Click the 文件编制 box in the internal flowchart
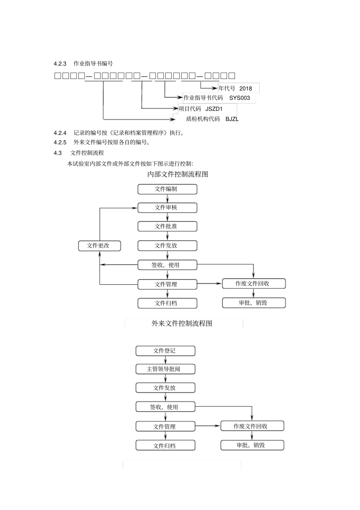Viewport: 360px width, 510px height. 167,189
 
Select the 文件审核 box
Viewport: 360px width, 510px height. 167,208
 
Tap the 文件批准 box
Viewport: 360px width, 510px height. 167,226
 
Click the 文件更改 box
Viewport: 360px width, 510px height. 99,246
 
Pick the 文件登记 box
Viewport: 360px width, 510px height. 165,351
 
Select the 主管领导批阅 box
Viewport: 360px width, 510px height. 165,369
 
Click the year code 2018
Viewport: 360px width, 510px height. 246,88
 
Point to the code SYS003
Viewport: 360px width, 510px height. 239,98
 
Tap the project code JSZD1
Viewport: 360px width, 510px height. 214,109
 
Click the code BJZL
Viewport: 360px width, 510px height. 232,119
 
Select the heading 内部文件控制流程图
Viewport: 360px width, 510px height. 178,174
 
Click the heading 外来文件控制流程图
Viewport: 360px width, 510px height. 182,323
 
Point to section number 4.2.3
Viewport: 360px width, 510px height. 60,64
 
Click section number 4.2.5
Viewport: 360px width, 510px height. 60,143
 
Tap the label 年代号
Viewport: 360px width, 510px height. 227,88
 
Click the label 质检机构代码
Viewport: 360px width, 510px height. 203,119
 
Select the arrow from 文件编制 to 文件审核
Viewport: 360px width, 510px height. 167,198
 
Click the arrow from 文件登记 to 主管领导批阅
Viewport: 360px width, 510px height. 165,360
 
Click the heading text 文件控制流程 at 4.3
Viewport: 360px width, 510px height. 87,153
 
